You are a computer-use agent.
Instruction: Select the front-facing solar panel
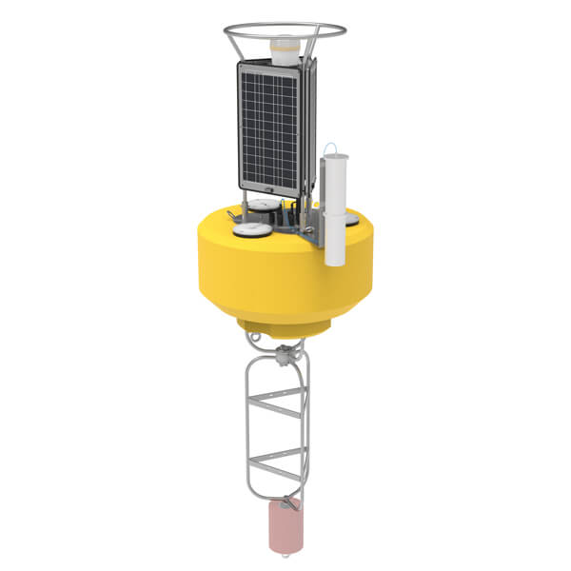[270, 124]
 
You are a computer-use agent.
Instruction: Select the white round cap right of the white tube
[353, 221]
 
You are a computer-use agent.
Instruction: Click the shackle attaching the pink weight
[283, 500]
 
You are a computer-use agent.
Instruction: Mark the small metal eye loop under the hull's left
[249, 334]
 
